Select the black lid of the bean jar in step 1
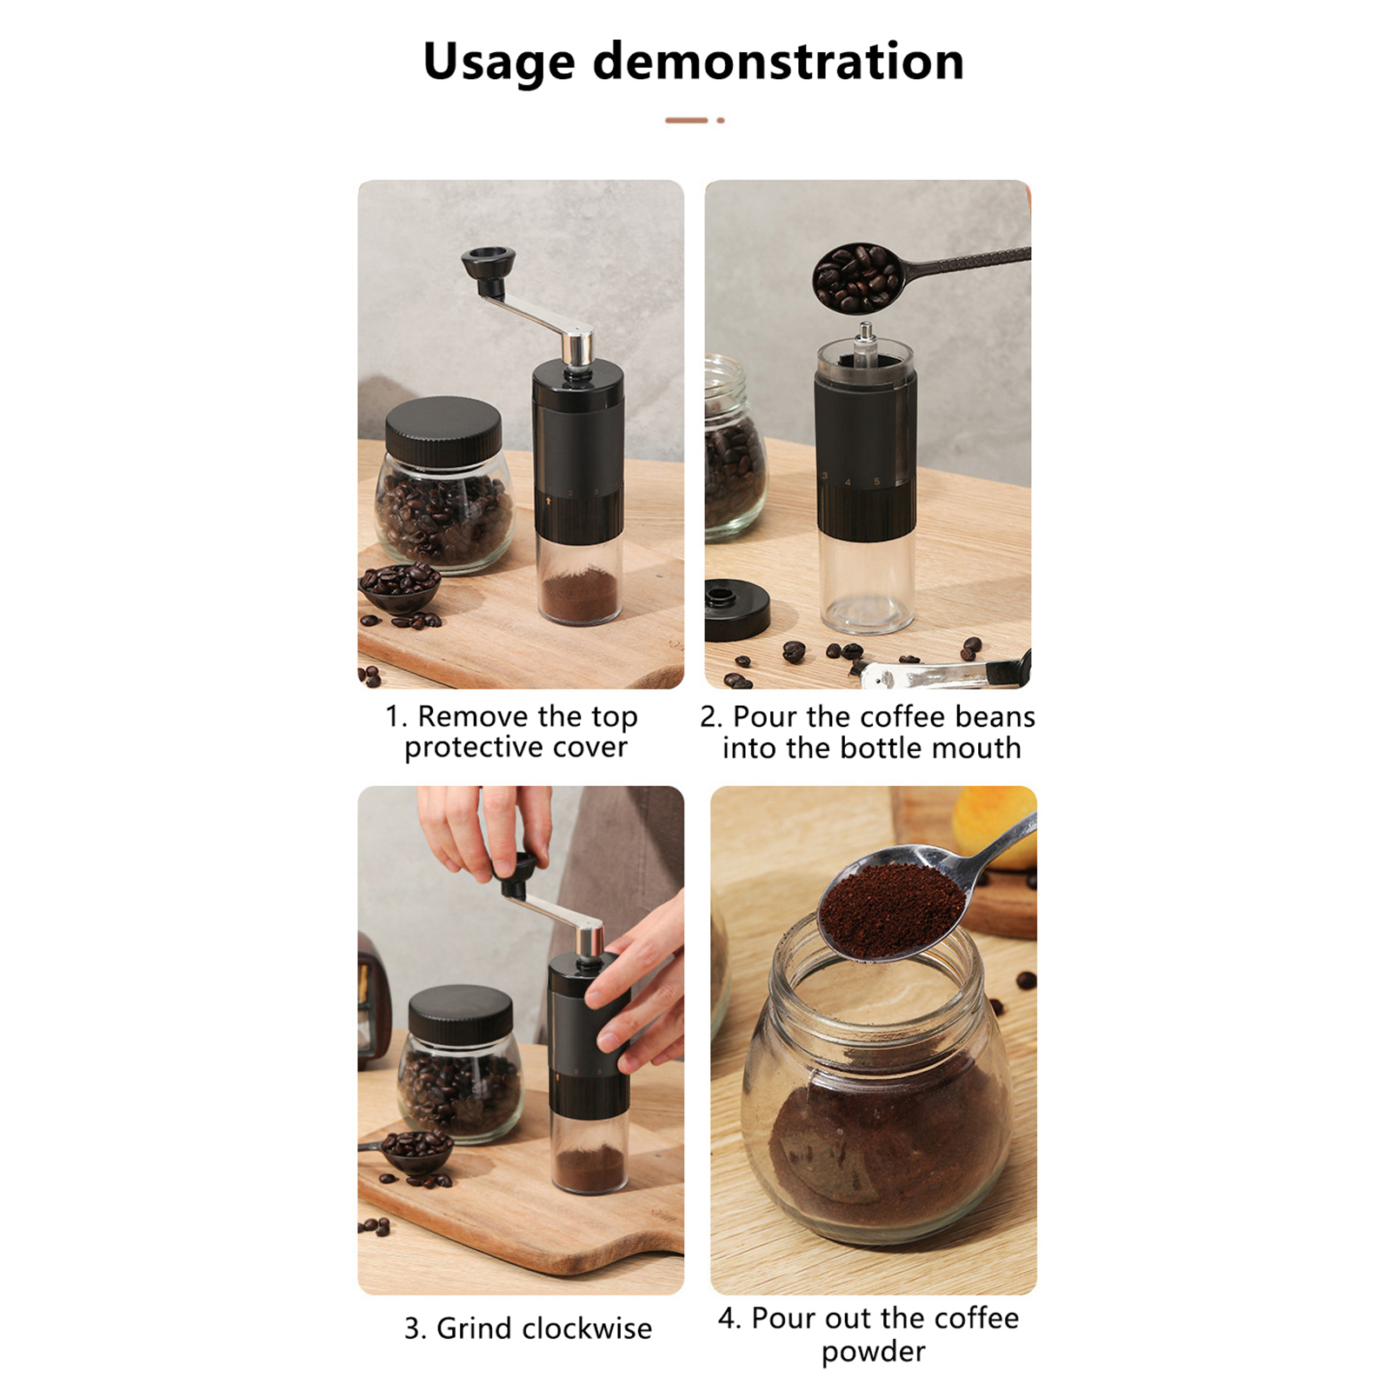443,432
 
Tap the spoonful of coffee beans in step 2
858,276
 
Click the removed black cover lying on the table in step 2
736,609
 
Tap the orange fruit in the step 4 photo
995,826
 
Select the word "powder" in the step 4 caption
873,1353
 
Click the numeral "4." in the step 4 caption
729,1318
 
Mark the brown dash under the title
687,120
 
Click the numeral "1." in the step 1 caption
396,716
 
